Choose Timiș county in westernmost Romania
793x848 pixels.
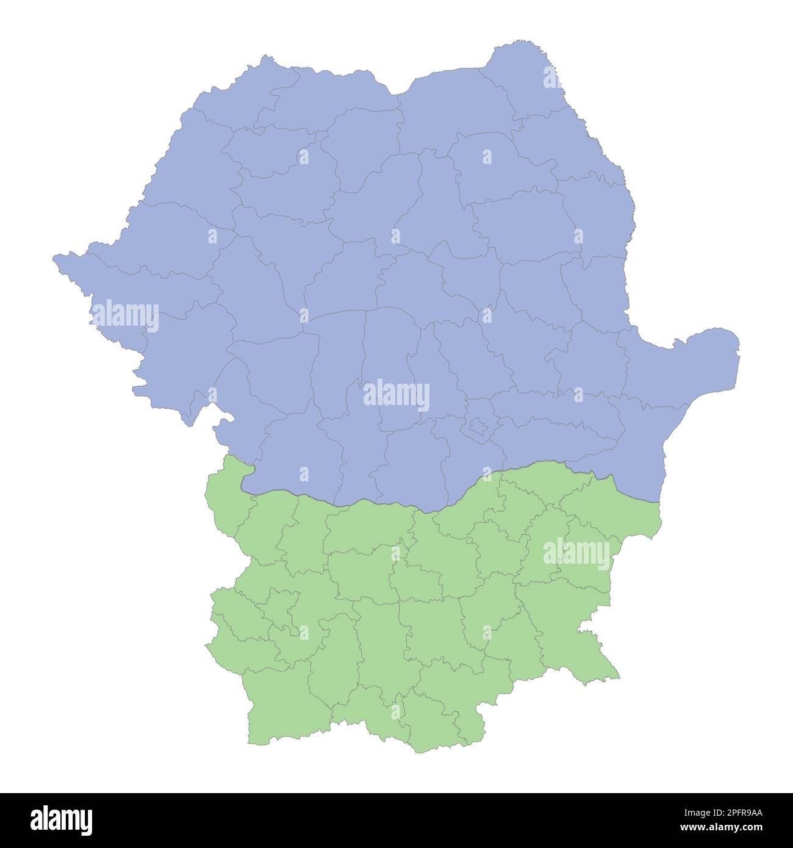[x=140, y=305]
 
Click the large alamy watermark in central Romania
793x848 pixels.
[x=396, y=395]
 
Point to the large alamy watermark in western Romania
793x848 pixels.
[x=125, y=315]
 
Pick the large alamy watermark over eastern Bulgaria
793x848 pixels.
[x=576, y=554]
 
